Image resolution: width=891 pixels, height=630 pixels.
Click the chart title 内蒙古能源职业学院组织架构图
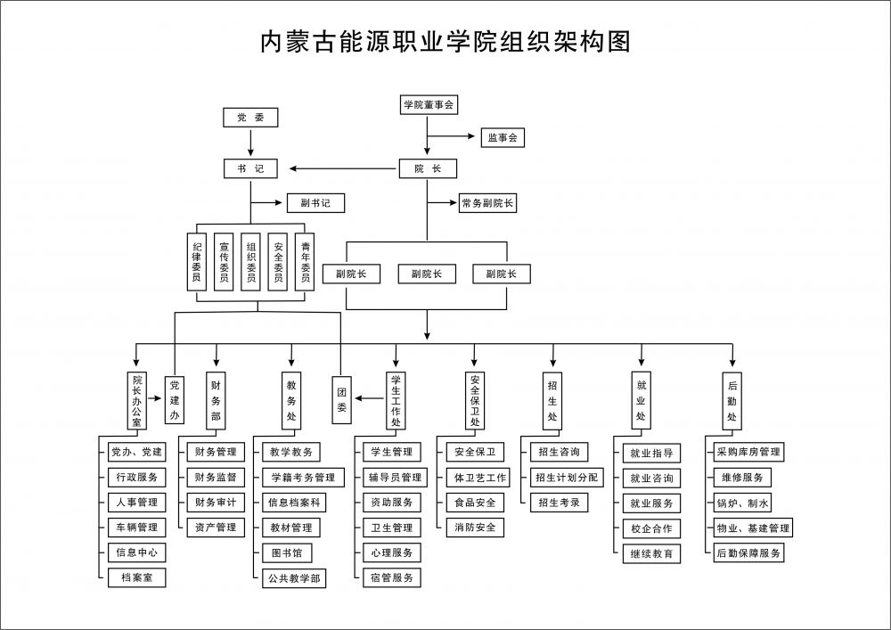(x=445, y=41)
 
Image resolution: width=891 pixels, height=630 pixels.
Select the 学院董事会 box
(x=429, y=105)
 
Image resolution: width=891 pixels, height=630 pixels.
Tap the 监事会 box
(x=503, y=138)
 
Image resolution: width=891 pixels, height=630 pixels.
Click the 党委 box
(x=250, y=117)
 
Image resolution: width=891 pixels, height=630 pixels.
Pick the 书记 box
(x=250, y=168)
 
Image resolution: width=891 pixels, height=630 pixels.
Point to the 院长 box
(x=428, y=168)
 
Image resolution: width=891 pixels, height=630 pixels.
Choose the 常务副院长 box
(x=487, y=203)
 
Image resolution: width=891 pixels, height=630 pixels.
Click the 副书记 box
(x=315, y=203)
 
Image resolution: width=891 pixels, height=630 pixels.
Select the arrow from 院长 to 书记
(x=339, y=168)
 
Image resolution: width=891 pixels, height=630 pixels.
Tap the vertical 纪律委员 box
(x=197, y=261)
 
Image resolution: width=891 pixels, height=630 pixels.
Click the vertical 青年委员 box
(x=306, y=261)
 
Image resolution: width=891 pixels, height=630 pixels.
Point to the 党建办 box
(x=175, y=397)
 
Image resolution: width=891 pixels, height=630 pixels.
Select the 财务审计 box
(x=215, y=503)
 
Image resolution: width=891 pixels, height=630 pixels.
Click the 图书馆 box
(x=287, y=553)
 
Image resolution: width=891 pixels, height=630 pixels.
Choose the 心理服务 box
(x=391, y=552)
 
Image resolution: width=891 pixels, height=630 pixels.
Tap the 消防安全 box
(x=475, y=528)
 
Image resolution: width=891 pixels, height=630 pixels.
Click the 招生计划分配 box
(x=567, y=478)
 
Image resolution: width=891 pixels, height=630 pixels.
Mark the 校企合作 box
(x=651, y=528)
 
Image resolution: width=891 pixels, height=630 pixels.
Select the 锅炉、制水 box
(x=744, y=503)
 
